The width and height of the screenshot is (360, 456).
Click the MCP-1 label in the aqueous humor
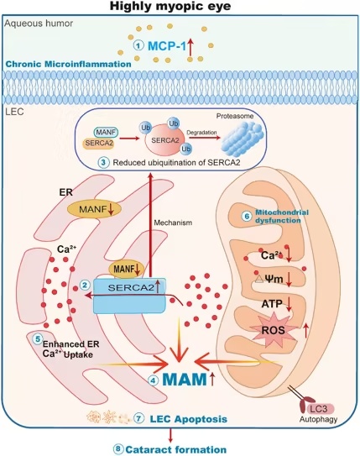[166, 46]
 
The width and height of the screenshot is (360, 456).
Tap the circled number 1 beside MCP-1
[138, 45]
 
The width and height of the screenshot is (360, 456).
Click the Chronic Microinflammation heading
[68, 64]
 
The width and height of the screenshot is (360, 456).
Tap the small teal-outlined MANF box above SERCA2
[106, 133]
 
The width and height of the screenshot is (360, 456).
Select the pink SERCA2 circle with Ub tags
[164, 141]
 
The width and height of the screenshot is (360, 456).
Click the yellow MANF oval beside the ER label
[95, 208]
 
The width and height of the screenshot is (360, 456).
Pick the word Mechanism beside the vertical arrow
[173, 223]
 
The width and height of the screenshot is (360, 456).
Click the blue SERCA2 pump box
[129, 296]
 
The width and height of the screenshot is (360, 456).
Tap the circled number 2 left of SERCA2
[85, 285]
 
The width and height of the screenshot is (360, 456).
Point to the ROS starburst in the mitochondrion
[273, 330]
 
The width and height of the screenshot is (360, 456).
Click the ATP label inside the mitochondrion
[272, 304]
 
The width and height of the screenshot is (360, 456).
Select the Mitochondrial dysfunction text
[278, 216]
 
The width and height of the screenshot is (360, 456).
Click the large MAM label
[185, 380]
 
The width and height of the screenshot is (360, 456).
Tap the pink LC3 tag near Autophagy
[319, 409]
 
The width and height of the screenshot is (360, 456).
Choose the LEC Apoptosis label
[189, 419]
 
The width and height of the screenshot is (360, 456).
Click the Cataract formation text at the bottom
[175, 449]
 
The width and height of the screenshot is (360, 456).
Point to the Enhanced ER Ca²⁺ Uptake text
[70, 349]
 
